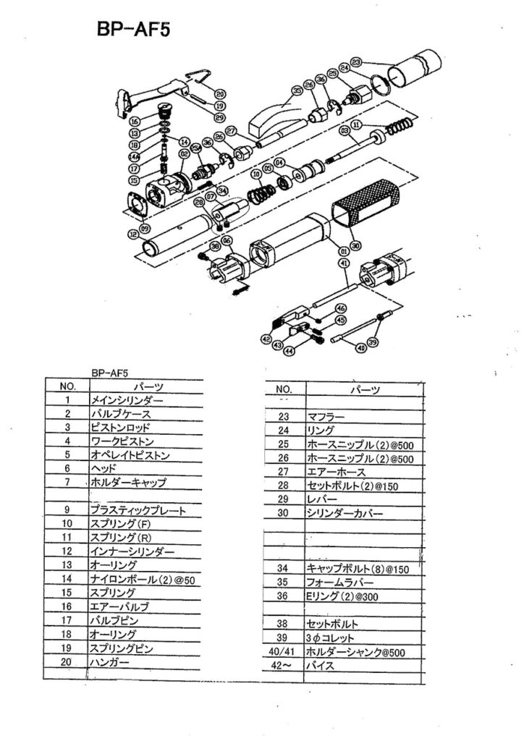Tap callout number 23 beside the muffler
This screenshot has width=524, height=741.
tap(356, 62)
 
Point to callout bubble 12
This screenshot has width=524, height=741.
tap(132, 234)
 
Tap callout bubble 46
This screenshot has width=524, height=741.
tap(341, 308)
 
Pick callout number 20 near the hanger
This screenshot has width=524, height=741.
tap(220, 93)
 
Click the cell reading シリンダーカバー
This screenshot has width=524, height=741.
tap(346, 514)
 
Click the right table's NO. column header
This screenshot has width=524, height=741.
tap(284, 389)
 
